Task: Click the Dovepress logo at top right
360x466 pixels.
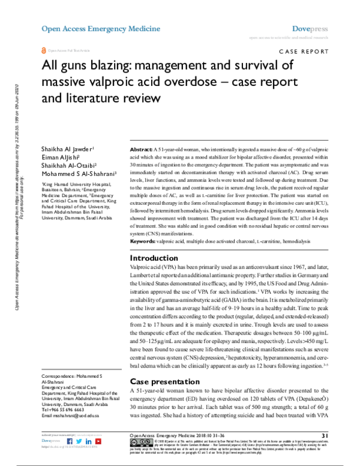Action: (x=311, y=28)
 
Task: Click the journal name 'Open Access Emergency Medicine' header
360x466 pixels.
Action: (x=101, y=28)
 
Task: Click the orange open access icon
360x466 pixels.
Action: (x=43, y=52)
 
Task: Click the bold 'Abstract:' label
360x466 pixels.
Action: (x=142, y=148)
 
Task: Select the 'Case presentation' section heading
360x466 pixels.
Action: (x=166, y=382)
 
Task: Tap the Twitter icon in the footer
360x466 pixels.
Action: (x=79, y=458)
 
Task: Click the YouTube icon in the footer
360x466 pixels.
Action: (x=98, y=458)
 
